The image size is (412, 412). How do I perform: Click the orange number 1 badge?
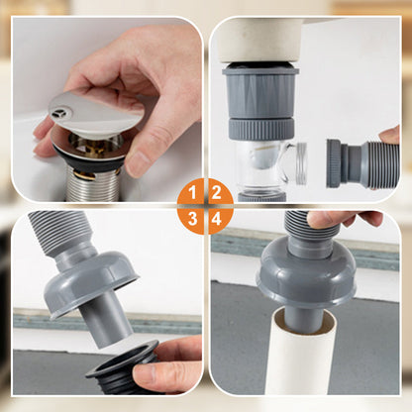[192, 192]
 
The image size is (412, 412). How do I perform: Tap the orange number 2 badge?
[216, 192]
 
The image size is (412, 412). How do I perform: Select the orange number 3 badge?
[192, 219]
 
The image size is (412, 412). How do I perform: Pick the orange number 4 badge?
[217, 219]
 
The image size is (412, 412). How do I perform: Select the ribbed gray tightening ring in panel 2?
[261, 129]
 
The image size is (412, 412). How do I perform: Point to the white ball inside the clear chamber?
[264, 156]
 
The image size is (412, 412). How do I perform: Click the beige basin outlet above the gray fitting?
[260, 41]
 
